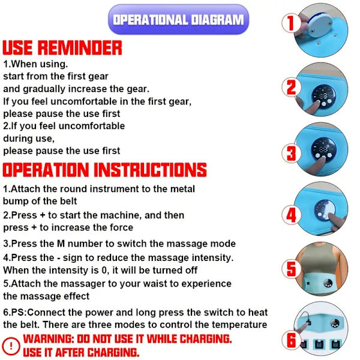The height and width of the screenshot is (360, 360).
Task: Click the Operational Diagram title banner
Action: [x=178, y=20]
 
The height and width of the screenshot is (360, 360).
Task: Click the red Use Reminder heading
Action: [x=62, y=48]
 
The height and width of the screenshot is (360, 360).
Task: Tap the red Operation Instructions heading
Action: [x=104, y=170]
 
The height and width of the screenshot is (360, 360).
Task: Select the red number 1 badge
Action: [x=291, y=23]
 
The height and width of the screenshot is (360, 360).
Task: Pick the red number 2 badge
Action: [x=291, y=87]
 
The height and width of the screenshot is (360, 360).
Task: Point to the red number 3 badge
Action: [x=291, y=153]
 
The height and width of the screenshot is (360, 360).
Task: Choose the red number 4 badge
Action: [x=291, y=215]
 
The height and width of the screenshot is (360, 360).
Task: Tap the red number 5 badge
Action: [x=291, y=269]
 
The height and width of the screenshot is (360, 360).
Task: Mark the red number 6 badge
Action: [x=291, y=340]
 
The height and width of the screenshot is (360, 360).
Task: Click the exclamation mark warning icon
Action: [x=11, y=346]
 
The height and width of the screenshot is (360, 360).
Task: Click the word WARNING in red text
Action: [x=49, y=339]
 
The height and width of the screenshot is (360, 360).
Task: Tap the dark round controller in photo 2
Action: [x=323, y=96]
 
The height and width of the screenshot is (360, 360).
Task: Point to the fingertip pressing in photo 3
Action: [x=323, y=159]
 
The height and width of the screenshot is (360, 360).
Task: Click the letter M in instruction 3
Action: [x=61, y=244]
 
